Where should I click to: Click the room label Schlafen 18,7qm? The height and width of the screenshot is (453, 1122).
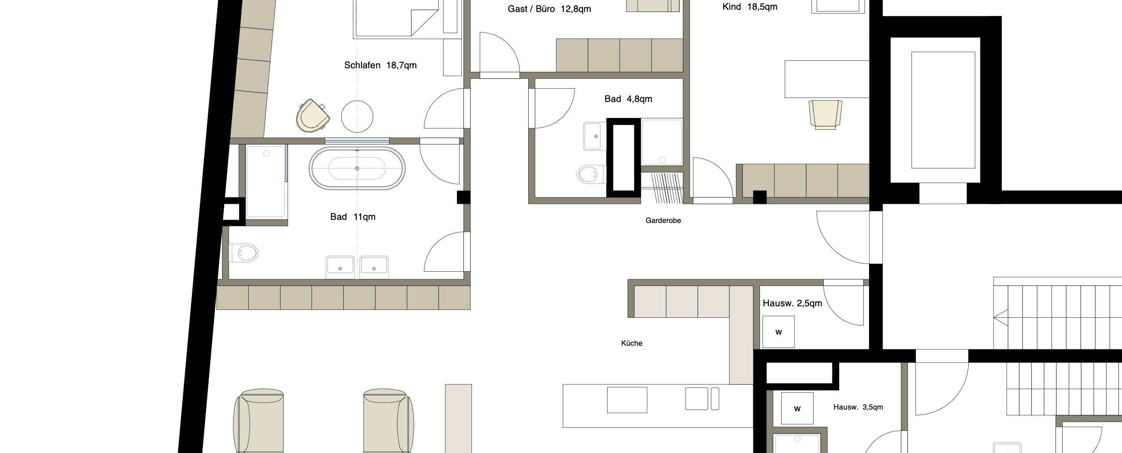click(380, 66)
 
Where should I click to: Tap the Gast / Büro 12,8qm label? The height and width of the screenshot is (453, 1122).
click(549, 9)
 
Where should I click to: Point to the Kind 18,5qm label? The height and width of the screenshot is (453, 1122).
click(750, 7)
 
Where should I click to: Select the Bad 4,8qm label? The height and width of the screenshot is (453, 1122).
click(628, 99)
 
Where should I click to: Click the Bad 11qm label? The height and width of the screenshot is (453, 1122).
click(353, 217)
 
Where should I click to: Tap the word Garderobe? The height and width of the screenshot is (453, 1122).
click(663, 221)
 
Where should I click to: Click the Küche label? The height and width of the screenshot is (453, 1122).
click(631, 343)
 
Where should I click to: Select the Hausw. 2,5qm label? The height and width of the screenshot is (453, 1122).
click(792, 304)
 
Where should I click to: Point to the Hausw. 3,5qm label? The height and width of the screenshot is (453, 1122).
click(858, 407)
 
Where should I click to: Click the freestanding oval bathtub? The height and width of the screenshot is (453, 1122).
click(357, 168)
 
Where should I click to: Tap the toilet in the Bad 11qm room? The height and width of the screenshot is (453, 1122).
click(244, 253)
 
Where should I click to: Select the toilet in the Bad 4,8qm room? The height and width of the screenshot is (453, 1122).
click(591, 174)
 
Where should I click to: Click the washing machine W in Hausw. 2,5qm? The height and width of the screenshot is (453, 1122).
click(778, 332)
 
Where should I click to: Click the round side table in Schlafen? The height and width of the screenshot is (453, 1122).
click(357, 117)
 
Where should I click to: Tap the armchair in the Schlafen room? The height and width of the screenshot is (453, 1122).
click(313, 116)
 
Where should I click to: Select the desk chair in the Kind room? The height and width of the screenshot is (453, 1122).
click(826, 115)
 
